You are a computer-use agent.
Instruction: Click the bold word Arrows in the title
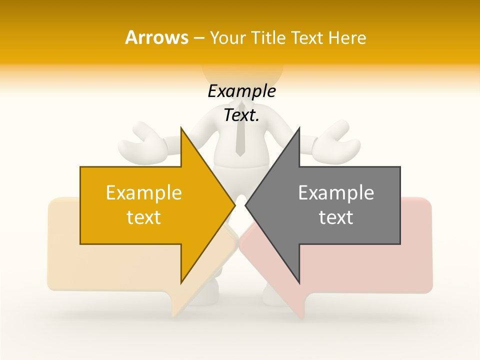click(x=156, y=37)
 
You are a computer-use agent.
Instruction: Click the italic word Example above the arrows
click(x=241, y=91)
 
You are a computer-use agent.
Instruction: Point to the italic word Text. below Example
click(x=241, y=115)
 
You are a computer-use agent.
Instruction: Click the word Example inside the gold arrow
click(x=143, y=193)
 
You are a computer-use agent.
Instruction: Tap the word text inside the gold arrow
click(x=143, y=217)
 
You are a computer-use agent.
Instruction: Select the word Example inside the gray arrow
click(x=336, y=193)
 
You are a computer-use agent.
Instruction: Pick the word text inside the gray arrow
click(x=336, y=217)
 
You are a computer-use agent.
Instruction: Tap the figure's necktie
click(x=240, y=132)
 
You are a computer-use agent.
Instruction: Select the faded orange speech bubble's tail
click(x=177, y=305)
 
